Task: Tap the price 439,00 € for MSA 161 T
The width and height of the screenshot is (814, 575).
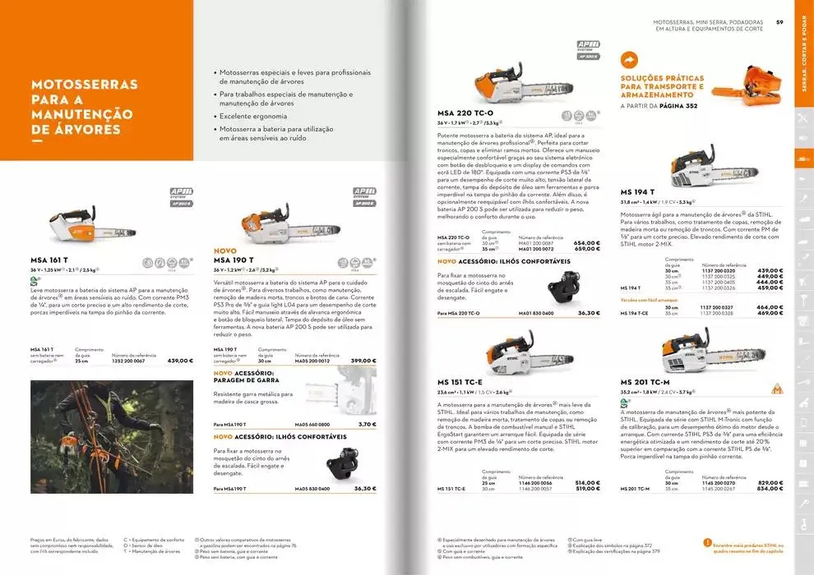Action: [179, 361]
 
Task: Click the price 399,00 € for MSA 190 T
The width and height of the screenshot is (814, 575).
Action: [363, 361]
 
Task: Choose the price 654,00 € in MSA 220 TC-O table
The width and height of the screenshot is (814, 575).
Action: [586, 242]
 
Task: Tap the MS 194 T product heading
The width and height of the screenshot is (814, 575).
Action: [636, 191]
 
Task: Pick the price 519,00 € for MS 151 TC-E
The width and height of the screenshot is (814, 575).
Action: [586, 488]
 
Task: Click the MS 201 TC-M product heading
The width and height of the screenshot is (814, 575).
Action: [645, 382]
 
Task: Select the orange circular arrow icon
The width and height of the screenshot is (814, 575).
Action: [630, 60]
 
